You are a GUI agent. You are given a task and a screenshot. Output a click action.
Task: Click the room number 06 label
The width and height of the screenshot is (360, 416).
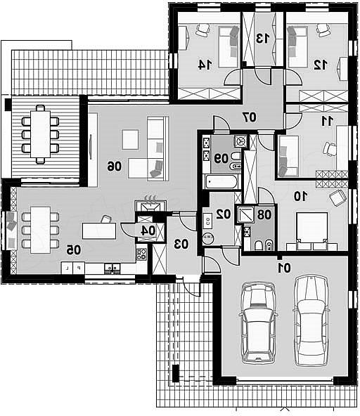pyautogui.click(x=114, y=167)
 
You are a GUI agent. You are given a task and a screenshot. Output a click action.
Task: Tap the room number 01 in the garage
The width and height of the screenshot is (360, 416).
pyautogui.click(x=284, y=268)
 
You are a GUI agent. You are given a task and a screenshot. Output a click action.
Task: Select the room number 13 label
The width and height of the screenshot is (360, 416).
pyautogui.click(x=263, y=39)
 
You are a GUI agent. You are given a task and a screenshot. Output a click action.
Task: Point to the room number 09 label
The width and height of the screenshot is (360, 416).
pyautogui.click(x=221, y=159)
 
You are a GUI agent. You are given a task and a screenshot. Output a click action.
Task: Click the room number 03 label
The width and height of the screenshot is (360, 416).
pyautogui.click(x=181, y=244)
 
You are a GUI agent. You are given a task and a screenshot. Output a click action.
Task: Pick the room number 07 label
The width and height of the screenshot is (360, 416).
pyautogui.click(x=250, y=117)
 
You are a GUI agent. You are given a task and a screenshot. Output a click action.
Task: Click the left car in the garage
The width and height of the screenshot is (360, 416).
pyautogui.click(x=258, y=323)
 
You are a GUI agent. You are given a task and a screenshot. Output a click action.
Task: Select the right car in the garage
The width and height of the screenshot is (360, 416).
pyautogui.click(x=311, y=320)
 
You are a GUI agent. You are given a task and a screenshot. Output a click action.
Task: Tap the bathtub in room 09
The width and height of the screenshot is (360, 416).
pyautogui.click(x=221, y=182)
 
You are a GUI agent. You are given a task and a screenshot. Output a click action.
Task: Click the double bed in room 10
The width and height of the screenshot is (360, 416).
pyautogui.click(x=311, y=230)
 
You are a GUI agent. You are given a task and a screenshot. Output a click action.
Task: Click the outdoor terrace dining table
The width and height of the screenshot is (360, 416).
pyautogui.click(x=40, y=134)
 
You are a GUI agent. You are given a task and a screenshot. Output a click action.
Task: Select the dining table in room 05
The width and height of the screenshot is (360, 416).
pyautogui.click(x=40, y=230)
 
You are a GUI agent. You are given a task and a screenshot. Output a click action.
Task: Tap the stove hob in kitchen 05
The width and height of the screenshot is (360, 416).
pyautogui.click(x=142, y=254)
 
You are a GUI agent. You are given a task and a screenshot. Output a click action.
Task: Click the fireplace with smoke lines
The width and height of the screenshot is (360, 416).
pyautogui.click(x=150, y=204)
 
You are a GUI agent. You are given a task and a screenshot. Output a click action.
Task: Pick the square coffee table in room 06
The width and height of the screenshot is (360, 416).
pyautogui.click(x=130, y=140)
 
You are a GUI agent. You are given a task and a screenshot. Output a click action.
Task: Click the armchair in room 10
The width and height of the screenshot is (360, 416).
pyautogui.click(x=338, y=197)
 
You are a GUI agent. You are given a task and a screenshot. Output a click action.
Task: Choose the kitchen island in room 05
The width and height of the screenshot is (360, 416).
pyautogui.click(x=99, y=231)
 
